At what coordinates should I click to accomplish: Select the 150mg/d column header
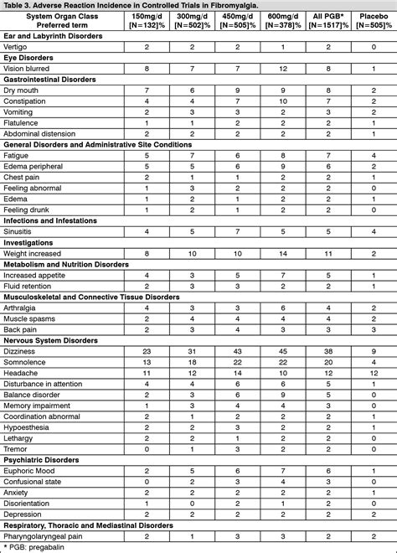147,19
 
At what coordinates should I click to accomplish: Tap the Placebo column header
369,19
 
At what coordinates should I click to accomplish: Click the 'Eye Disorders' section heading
30,58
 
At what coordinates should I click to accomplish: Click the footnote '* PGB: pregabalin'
34,547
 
